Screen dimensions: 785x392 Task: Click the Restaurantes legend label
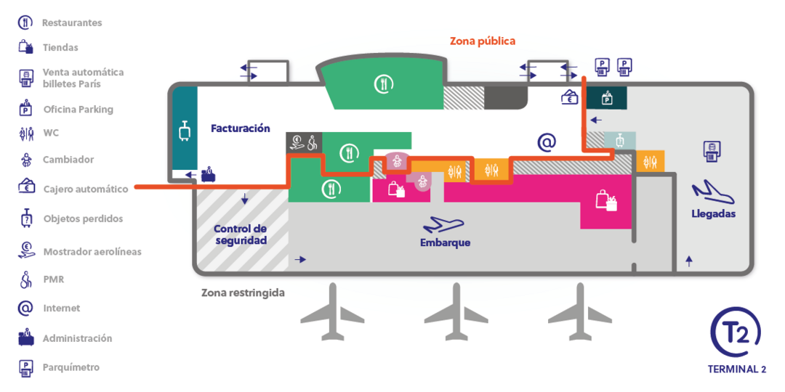(x=72, y=23)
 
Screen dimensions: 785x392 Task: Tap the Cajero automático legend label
(x=86, y=189)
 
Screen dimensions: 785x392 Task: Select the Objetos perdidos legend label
(x=83, y=219)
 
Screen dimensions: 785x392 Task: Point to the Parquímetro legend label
(x=71, y=367)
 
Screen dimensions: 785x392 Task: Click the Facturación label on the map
(x=241, y=128)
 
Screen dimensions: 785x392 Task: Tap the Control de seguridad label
(x=241, y=234)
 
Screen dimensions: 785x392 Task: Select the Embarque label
(x=445, y=243)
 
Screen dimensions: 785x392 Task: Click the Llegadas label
(x=714, y=214)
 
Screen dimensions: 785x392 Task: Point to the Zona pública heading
(x=483, y=41)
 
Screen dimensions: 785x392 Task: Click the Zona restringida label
(x=243, y=293)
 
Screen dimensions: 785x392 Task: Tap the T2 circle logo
(x=736, y=333)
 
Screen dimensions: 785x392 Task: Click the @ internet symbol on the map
(x=547, y=143)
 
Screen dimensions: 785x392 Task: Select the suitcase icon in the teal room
(x=184, y=131)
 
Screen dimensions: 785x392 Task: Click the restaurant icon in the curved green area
(x=383, y=84)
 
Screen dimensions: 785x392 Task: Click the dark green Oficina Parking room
(x=607, y=97)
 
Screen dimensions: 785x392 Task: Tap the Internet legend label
(x=62, y=309)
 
